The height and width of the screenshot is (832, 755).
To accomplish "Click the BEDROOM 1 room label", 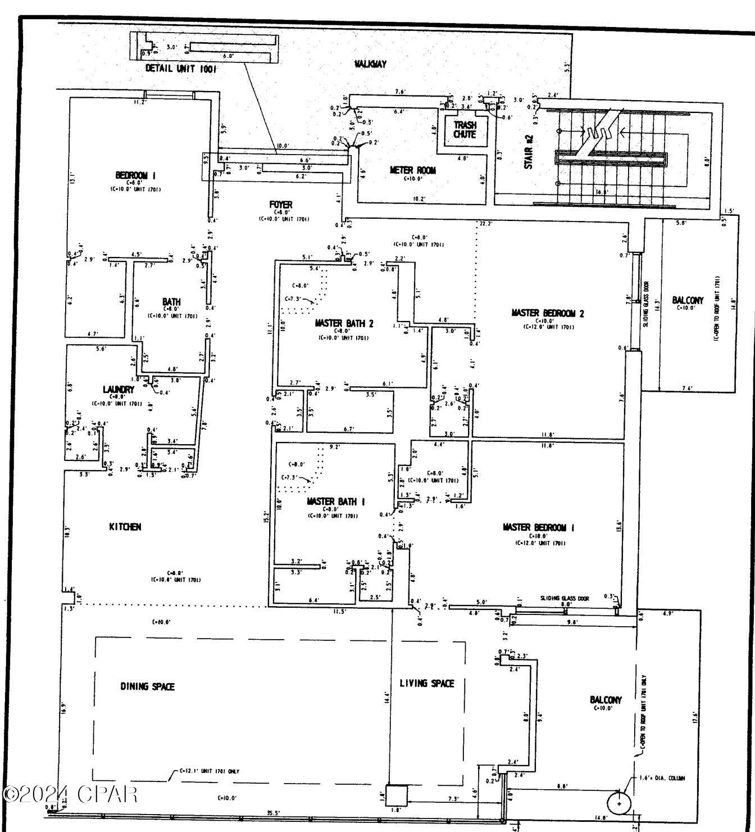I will pos(135,175).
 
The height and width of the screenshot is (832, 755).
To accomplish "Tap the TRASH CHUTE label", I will pos(465,130).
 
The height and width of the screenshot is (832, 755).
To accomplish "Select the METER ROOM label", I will pos(412,170).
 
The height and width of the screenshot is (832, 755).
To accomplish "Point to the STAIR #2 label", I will pos(529,152).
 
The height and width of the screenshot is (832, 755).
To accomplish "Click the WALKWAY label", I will pos(370,64).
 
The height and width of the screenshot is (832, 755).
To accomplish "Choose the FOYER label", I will pos(280,205).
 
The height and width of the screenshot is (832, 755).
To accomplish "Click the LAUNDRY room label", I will pos(119,389).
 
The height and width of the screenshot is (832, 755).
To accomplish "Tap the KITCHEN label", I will pos(125,527).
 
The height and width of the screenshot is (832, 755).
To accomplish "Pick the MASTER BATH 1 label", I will pos(336,501).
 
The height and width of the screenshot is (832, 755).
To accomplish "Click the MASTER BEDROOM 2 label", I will pos(547,313).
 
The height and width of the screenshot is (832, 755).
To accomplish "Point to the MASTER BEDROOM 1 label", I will pos(538,527).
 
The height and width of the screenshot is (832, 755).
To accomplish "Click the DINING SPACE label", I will pos(147,686).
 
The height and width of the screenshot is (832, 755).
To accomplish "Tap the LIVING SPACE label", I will pos(426,683).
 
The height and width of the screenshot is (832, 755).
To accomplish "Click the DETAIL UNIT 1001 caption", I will pos(180,69).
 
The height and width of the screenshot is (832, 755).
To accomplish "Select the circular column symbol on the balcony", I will pos(619,803).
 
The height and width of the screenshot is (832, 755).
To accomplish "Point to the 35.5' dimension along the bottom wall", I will pos(273,813).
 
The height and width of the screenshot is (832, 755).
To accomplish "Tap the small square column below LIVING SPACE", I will pos(395,795).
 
